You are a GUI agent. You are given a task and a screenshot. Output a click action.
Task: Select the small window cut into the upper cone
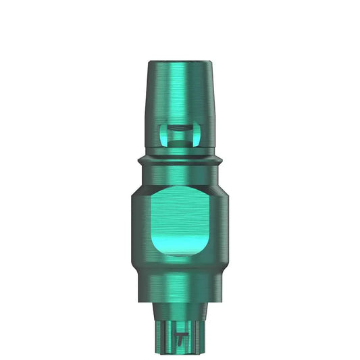coord(180,135)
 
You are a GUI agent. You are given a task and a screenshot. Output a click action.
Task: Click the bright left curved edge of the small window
coord(163,135)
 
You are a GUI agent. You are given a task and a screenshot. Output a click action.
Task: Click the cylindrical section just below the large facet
coord(180,277)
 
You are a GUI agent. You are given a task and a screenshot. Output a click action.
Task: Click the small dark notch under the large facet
coord(180,256)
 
